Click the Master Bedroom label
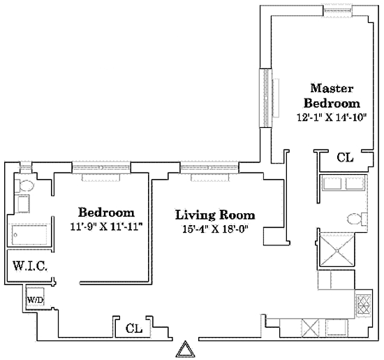332,96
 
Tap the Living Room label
215,215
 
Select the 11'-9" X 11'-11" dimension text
106,226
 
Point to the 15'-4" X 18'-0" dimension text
216,229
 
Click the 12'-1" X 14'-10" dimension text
332,117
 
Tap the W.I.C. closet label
30,266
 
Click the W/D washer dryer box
36,296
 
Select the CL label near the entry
134,329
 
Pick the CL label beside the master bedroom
345,157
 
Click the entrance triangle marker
186,349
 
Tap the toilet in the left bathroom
24,186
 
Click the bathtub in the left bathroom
29,235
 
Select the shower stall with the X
337,251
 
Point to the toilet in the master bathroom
357,219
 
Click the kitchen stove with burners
364,305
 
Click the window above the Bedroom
101,168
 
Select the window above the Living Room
209,168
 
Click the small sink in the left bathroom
24,203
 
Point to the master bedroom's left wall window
266,98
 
